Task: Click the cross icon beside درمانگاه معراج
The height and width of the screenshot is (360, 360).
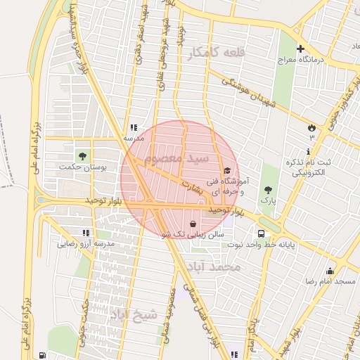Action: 301,49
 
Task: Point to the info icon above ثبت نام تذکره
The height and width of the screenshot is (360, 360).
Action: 309,152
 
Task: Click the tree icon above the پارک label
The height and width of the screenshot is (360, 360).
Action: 267,189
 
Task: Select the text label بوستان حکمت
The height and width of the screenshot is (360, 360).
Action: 85,167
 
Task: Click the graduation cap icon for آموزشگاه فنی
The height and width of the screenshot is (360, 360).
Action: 226,170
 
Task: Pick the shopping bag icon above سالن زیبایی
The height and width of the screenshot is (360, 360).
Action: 193,224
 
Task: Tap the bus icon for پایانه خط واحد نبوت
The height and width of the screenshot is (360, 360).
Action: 262,233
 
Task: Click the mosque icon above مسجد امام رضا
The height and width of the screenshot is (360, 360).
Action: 330,271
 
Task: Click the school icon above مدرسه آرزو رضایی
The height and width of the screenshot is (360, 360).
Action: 86,233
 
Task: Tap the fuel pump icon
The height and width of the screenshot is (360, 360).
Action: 43,355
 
